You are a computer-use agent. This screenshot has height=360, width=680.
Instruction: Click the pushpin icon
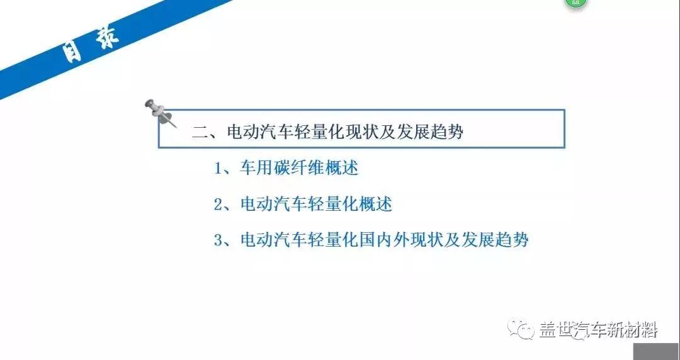[160, 113]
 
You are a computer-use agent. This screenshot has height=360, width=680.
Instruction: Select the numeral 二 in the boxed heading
[201, 132]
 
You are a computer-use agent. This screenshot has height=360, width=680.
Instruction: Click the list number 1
[218, 168]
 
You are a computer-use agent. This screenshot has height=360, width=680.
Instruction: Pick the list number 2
[218, 205]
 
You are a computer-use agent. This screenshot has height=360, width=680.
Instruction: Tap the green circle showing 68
[576, 2]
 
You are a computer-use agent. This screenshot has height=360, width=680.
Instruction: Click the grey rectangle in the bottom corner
[657, 351]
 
